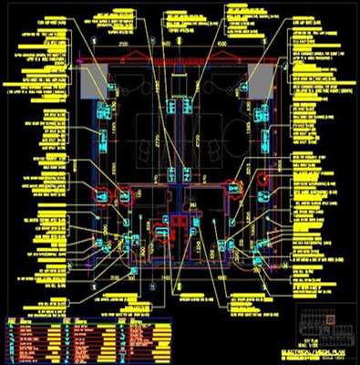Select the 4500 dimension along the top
point(224,44)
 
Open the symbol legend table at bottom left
point(87,338)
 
